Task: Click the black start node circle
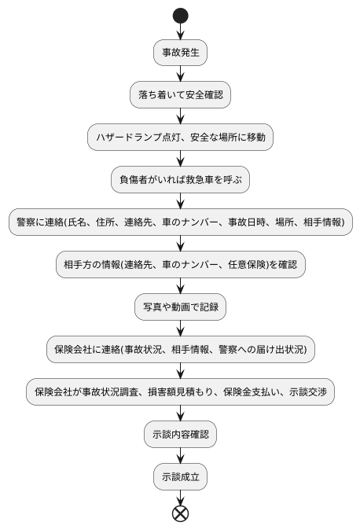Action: pyautogui.click(x=181, y=15)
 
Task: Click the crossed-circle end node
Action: pyautogui.click(x=181, y=513)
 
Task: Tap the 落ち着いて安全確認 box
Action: pyautogui.click(x=180, y=94)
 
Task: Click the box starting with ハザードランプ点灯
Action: pyautogui.click(x=180, y=137)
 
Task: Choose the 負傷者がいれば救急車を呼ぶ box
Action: pyautogui.click(x=180, y=179)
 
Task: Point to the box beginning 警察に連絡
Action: pyautogui.click(x=180, y=222)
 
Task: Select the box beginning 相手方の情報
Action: pyautogui.click(x=180, y=265)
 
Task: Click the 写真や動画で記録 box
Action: pyautogui.click(x=180, y=307)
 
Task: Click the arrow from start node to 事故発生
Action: pyautogui.click(x=181, y=31)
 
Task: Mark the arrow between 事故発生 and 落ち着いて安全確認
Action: pyautogui.click(x=181, y=73)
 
